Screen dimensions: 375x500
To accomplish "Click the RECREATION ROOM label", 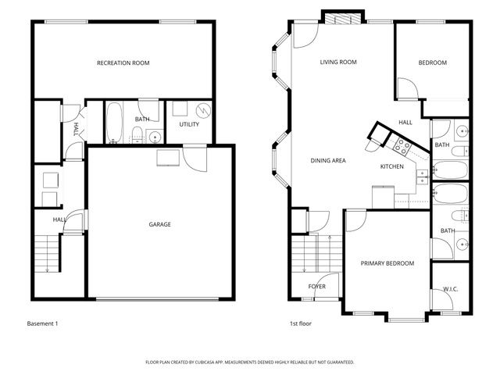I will pos(123,62).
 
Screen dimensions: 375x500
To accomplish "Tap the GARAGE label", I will pos(159,224).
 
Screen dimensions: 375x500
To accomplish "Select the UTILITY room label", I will pos(189,124).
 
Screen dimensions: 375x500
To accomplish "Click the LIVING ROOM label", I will pos(337,62).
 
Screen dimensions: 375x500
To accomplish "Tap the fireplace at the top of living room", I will pos(344,20).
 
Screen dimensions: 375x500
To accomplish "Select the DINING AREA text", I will pos(328,161).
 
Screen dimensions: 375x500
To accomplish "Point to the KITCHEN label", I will pos(391,167).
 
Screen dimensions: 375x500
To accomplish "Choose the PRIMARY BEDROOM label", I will pos(387,263).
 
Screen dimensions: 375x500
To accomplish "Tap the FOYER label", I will pos(316,287).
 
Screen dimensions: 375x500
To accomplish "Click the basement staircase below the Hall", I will pos(48,255).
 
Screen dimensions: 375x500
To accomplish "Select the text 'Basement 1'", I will pos(42,323).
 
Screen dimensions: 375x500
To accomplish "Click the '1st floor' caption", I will pos(300,323).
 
